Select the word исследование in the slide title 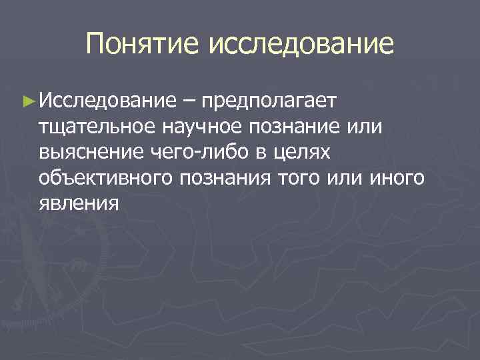pos(301,45)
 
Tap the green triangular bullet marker pos(27,101)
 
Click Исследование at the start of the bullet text pos(106,101)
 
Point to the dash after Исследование pos(189,101)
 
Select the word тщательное pos(97,127)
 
